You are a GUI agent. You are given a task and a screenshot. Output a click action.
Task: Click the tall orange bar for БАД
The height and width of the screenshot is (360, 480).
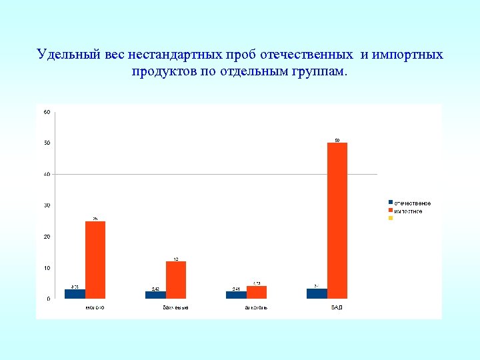[x=337, y=220]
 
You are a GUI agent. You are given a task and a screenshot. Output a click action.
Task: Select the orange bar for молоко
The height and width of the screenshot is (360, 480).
[x=95, y=259]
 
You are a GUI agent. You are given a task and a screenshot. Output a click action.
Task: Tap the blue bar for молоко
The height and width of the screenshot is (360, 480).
[x=75, y=293]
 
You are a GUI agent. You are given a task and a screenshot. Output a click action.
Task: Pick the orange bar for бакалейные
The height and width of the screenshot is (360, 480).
[x=176, y=279]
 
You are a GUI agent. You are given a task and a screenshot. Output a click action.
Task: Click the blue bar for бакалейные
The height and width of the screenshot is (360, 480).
[x=155, y=295]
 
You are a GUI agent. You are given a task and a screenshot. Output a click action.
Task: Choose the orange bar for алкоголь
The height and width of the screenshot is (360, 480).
[x=257, y=292]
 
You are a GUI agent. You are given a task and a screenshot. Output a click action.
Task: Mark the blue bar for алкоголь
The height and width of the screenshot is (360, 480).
[x=236, y=295]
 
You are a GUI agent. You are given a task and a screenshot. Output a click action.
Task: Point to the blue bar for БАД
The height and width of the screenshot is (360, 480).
[x=317, y=293]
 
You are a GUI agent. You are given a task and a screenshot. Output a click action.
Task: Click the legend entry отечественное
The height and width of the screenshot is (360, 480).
[x=412, y=203]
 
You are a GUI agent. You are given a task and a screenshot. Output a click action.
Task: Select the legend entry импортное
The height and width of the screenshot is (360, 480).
[x=408, y=211]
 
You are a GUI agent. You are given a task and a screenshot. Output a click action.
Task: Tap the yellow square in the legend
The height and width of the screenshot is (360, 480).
[x=391, y=218]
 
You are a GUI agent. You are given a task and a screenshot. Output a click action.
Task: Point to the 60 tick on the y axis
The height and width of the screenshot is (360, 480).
[x=47, y=111]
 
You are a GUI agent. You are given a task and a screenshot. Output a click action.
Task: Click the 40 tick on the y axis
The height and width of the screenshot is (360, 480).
[x=47, y=174]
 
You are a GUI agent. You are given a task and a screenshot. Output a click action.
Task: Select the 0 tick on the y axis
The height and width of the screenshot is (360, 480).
[x=48, y=299]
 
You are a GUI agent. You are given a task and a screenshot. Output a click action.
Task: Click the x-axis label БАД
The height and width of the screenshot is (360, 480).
[x=337, y=307]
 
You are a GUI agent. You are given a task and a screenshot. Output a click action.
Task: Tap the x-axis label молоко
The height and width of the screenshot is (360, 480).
[x=95, y=307]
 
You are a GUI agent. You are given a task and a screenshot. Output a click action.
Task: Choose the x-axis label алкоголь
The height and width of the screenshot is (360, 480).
[x=256, y=307]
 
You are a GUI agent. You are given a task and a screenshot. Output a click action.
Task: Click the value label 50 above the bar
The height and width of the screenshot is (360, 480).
[x=337, y=140]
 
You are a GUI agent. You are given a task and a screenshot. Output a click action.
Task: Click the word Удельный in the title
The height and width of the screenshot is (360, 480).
[x=67, y=55]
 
